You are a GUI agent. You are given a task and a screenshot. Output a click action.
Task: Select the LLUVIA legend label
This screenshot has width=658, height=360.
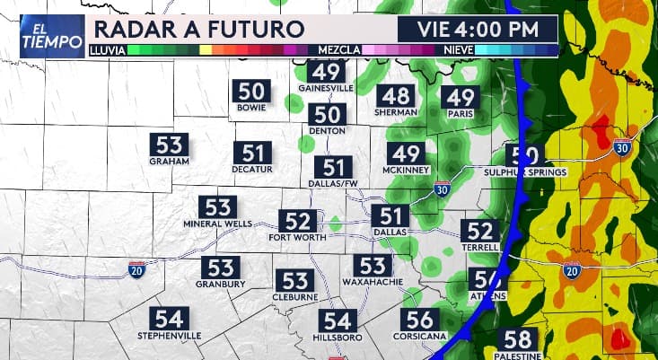pyautogui.click(x=108, y=50)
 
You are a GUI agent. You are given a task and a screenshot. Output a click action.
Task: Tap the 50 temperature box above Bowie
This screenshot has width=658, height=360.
pyautogui.click(x=251, y=91)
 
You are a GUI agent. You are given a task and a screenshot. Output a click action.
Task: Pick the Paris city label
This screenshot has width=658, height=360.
pyautogui.click(x=460, y=114)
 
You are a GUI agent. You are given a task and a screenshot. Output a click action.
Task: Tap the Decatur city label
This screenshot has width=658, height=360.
pyautogui.click(x=251, y=169)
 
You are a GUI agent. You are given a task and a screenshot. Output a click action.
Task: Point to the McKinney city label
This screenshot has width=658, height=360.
pyautogui.click(x=407, y=170)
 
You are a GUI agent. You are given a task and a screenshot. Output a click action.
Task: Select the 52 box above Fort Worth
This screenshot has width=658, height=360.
pyautogui.click(x=296, y=221)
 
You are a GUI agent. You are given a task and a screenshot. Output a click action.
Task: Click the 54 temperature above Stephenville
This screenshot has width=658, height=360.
pyautogui.click(x=170, y=319)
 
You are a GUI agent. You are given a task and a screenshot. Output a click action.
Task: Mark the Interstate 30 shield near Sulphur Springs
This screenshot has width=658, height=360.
pyautogui.click(x=623, y=146)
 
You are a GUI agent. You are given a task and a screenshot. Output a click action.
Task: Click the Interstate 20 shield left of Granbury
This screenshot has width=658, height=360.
pyautogui.click(x=136, y=269)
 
